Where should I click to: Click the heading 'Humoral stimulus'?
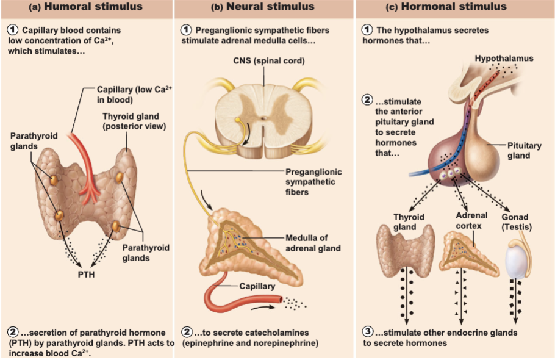click(x=93, y=7)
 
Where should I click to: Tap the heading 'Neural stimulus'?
click(x=270, y=7)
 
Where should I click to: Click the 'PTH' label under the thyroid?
click(x=87, y=275)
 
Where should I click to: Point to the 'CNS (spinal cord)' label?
click(x=269, y=61)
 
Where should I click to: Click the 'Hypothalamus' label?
click(x=504, y=59)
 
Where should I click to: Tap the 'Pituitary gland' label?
click(x=525, y=151)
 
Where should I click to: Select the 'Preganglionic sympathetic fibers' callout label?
click(x=313, y=182)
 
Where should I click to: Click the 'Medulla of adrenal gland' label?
click(x=313, y=243)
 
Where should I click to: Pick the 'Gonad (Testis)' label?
click(x=517, y=222)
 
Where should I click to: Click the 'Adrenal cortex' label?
click(x=471, y=220)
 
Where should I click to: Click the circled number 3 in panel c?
click(x=368, y=332)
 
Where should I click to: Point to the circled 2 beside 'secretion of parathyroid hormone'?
click(x=13, y=332)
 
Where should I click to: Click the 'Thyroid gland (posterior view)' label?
click(x=134, y=121)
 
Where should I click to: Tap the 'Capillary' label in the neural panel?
click(x=257, y=286)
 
